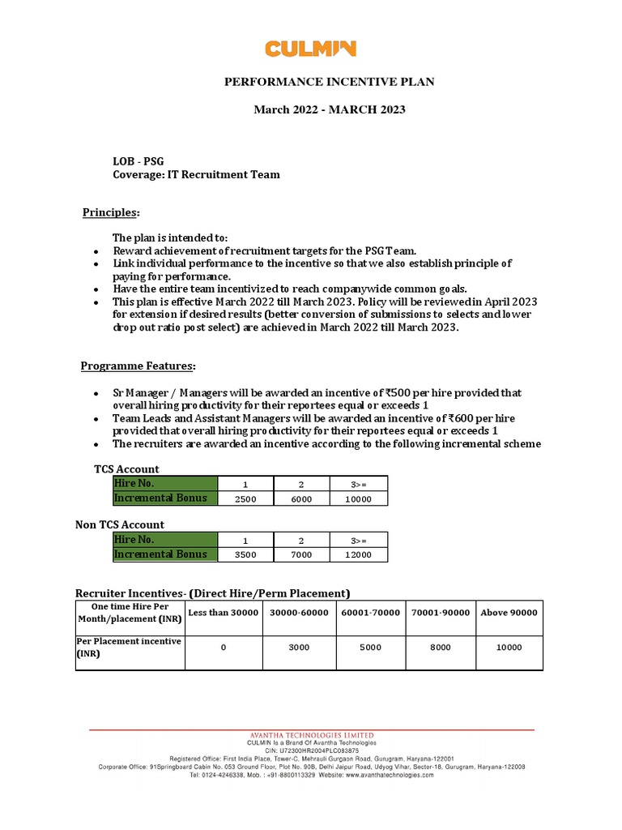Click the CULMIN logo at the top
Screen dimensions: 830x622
click(x=310, y=49)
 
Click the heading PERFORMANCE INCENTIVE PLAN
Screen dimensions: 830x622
click(x=330, y=82)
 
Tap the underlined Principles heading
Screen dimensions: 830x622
click(x=111, y=212)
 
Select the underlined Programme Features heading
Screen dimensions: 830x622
click(x=138, y=366)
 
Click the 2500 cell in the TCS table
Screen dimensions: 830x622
click(x=245, y=499)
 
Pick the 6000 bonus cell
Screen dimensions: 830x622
click(x=301, y=499)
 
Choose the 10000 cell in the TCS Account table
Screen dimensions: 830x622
click(x=358, y=499)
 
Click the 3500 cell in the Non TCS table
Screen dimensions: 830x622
click(x=245, y=554)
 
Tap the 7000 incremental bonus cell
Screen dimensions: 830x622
click(x=301, y=554)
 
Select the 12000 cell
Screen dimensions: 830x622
click(x=358, y=554)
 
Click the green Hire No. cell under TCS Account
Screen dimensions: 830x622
click(x=165, y=484)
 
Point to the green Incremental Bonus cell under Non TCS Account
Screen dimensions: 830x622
click(x=165, y=554)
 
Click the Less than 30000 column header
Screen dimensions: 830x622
click(x=224, y=613)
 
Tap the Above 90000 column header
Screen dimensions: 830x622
click(x=509, y=613)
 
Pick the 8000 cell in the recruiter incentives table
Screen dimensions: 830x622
click(x=441, y=648)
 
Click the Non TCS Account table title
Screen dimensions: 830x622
click(x=120, y=524)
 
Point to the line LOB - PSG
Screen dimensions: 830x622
click(x=138, y=160)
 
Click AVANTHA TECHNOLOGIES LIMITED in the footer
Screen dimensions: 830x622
click(x=311, y=735)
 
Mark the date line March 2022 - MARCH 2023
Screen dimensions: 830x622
click(x=330, y=109)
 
